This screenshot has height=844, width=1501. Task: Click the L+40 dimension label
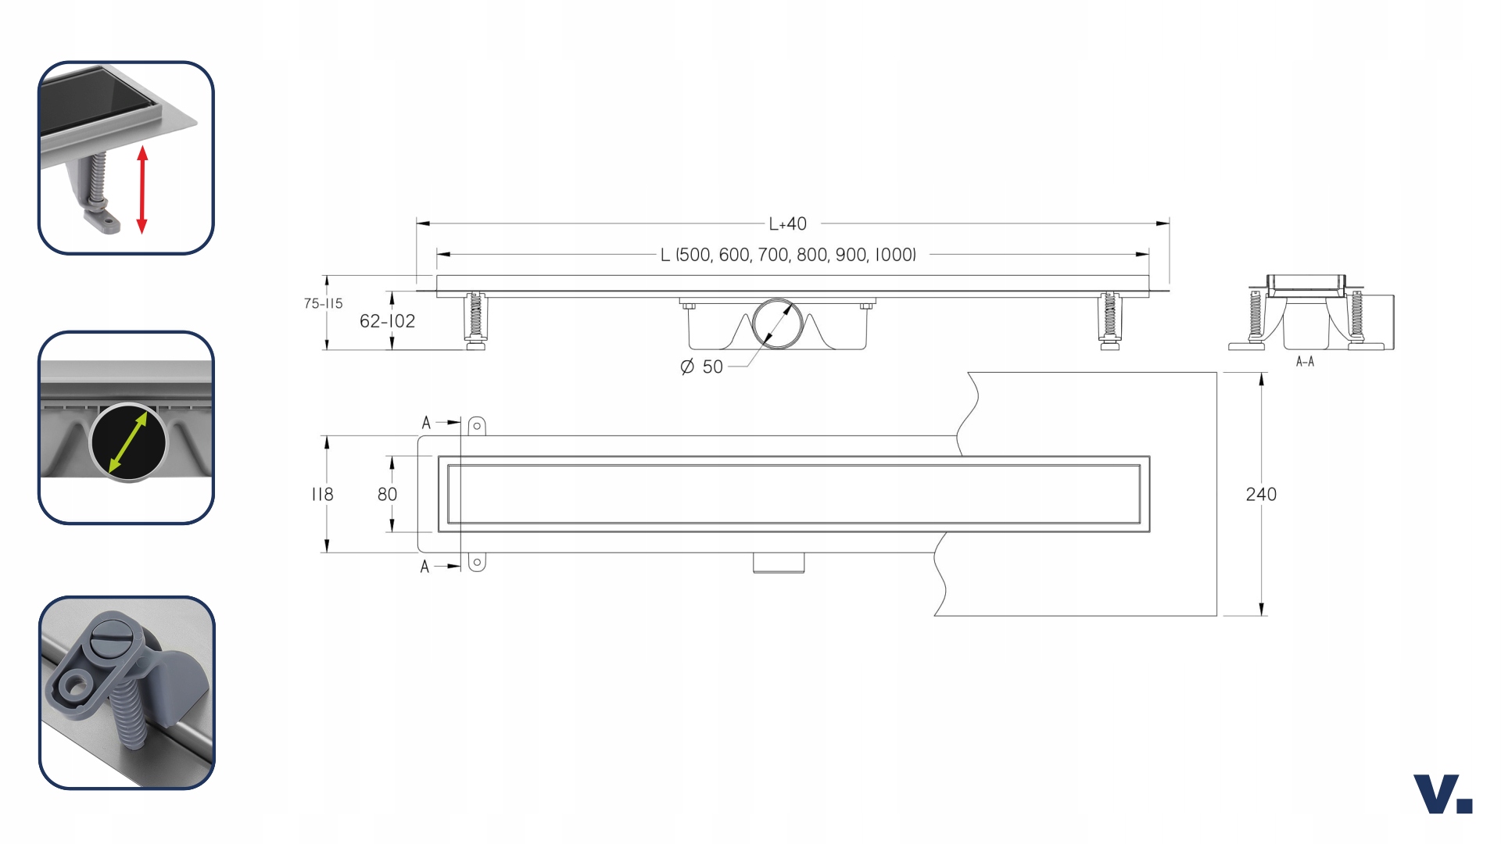[787, 224]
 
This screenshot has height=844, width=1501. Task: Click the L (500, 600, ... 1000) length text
[788, 255]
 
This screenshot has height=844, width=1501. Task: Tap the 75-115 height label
[323, 303]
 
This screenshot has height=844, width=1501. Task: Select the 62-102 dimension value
[387, 320]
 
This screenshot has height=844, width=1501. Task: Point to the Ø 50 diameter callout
[702, 367]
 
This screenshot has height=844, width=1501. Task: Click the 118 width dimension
[322, 494]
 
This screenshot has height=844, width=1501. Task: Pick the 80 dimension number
[387, 494]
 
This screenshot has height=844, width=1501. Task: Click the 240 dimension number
[1260, 494]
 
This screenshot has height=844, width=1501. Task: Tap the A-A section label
[1305, 361]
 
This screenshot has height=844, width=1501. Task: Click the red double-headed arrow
[142, 189]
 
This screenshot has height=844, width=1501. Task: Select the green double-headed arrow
[128, 442]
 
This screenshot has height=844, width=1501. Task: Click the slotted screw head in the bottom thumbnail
[109, 637]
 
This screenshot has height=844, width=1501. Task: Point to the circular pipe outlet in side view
[777, 322]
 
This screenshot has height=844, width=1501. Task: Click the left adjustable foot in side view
[475, 320]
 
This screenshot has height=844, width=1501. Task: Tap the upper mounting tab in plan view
[477, 426]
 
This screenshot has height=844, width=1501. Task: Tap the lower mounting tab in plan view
[477, 562]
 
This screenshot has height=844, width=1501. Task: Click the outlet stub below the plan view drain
[779, 563]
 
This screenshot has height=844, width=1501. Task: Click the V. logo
[1442, 794]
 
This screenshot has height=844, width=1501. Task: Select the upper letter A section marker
[426, 423]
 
